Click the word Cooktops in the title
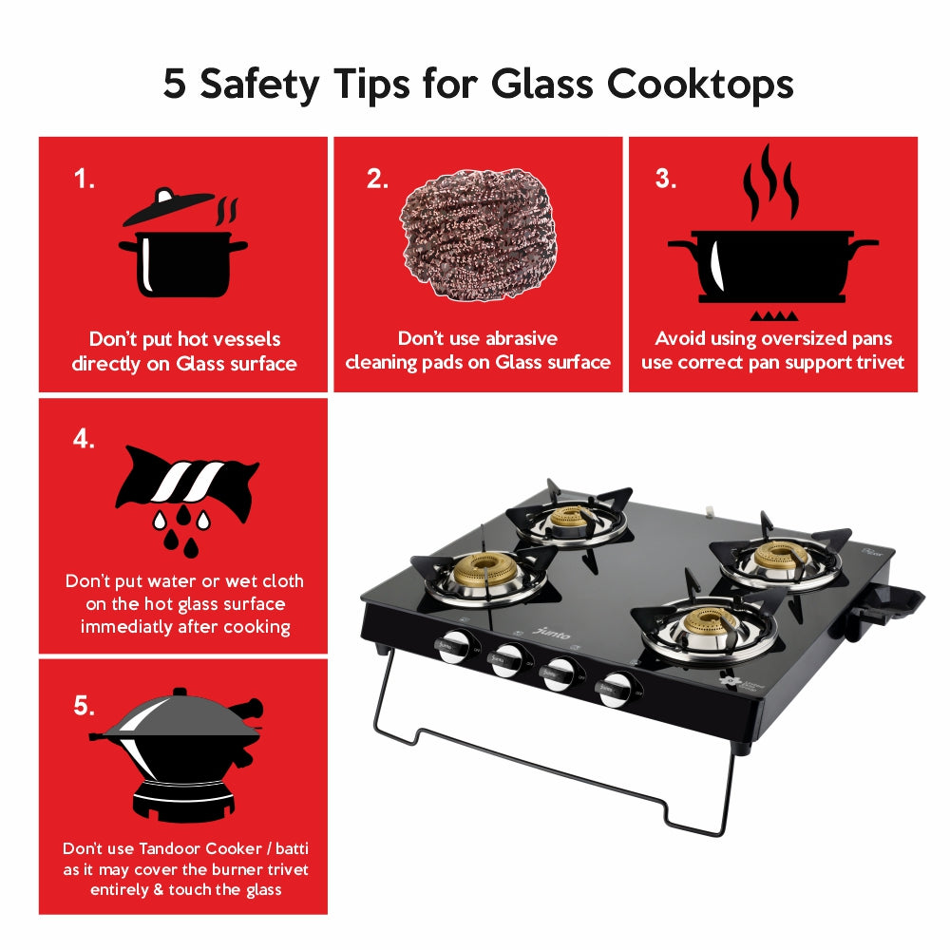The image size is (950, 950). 700,85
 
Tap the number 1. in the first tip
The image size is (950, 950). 85,180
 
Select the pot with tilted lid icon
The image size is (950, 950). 180,244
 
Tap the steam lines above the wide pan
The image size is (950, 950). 770,183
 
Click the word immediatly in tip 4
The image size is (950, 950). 126,627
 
